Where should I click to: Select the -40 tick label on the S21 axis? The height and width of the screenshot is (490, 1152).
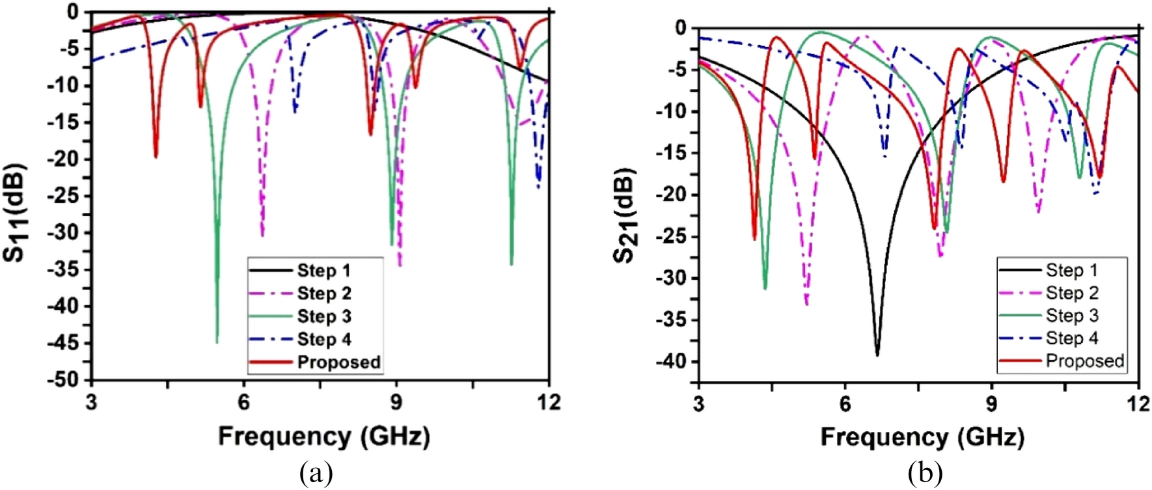[672, 362]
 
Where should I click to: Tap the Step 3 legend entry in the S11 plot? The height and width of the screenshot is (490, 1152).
[323, 317]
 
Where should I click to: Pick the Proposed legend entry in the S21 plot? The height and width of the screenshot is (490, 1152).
[1084, 361]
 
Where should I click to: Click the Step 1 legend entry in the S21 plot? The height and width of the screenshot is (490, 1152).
[1071, 270]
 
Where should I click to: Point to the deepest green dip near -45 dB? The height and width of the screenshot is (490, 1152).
[217, 341]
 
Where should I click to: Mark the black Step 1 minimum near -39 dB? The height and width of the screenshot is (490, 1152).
[877, 353]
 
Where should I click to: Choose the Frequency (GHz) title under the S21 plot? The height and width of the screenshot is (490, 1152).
[922, 437]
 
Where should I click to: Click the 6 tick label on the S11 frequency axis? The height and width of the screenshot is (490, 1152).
[243, 402]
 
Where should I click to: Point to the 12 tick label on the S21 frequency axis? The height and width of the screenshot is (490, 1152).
[1138, 404]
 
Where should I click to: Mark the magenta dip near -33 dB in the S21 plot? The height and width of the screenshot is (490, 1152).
[806, 303]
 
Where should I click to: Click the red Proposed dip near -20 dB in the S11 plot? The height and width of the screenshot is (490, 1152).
[156, 156]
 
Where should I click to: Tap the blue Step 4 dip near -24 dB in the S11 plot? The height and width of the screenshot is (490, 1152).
[538, 187]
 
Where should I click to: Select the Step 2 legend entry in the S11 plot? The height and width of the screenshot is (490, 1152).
[323, 293]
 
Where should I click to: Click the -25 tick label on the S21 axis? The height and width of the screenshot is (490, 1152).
[672, 237]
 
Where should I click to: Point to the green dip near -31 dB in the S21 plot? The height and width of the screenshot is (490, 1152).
[765, 288]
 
